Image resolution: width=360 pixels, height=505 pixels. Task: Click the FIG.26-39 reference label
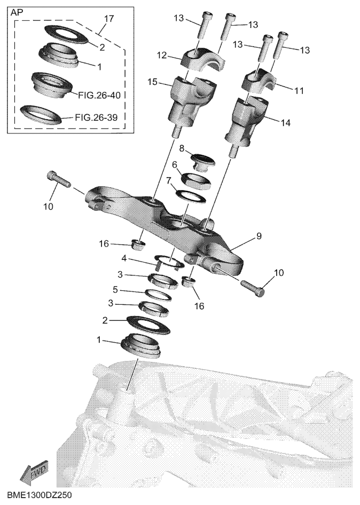[96, 117]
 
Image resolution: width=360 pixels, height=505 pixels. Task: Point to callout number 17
[109, 18]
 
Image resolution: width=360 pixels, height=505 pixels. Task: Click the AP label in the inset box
[17, 13]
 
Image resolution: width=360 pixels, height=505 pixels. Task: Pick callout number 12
[162, 56]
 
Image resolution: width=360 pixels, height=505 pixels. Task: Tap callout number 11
[300, 91]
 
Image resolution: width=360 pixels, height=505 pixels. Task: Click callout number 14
[286, 123]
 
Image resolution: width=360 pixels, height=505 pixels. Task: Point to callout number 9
[259, 236]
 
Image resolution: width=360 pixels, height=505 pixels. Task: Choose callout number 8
[182, 148]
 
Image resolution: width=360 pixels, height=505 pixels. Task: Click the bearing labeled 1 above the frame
[141, 345]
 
